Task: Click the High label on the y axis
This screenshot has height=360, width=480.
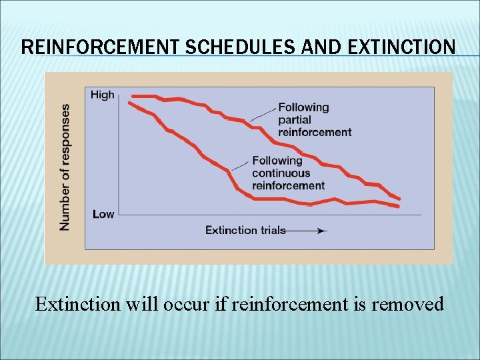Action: [103, 95]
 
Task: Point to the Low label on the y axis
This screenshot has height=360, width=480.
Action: [103, 214]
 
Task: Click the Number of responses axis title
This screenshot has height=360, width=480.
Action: [65, 167]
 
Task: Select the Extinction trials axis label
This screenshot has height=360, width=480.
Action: [245, 230]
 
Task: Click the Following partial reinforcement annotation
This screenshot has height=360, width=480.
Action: [314, 119]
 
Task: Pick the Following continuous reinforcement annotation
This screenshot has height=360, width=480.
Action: [288, 173]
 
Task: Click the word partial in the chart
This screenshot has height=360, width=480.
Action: [294, 119]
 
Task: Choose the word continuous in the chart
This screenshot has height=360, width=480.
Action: [281, 173]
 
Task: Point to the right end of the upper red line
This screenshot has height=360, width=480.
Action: [399, 199]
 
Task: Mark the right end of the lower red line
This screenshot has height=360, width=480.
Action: [398, 207]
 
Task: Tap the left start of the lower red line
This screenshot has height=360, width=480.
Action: [129, 103]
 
